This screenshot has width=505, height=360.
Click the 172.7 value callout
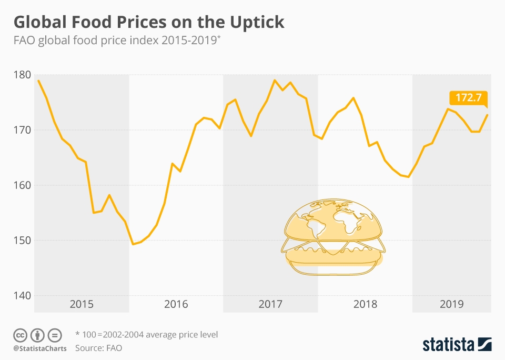coord(468,98)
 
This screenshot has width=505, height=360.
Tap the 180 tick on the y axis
coord(22,75)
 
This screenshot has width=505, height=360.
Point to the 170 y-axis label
coord(22,130)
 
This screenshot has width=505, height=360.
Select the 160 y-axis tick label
coord(22,185)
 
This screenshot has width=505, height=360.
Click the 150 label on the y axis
coord(22,241)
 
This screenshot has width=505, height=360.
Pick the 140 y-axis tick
coord(22,296)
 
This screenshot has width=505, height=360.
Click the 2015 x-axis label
coord(82,304)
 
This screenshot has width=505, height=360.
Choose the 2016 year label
coord(176,304)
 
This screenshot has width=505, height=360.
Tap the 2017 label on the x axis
coord(270,304)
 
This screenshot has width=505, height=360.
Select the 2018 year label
coord(365,304)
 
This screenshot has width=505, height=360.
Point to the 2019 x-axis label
coord(451,304)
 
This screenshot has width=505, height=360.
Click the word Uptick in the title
coord(257,23)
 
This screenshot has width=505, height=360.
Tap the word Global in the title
coord(40,22)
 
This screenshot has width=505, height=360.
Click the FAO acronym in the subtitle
coord(24,41)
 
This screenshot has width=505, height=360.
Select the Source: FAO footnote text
coord(98,348)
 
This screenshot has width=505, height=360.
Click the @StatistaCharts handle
coord(40,348)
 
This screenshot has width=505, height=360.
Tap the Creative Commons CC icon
coord(20,335)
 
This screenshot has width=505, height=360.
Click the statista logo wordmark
coord(448,345)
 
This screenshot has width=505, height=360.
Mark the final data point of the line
coord(487,115)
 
